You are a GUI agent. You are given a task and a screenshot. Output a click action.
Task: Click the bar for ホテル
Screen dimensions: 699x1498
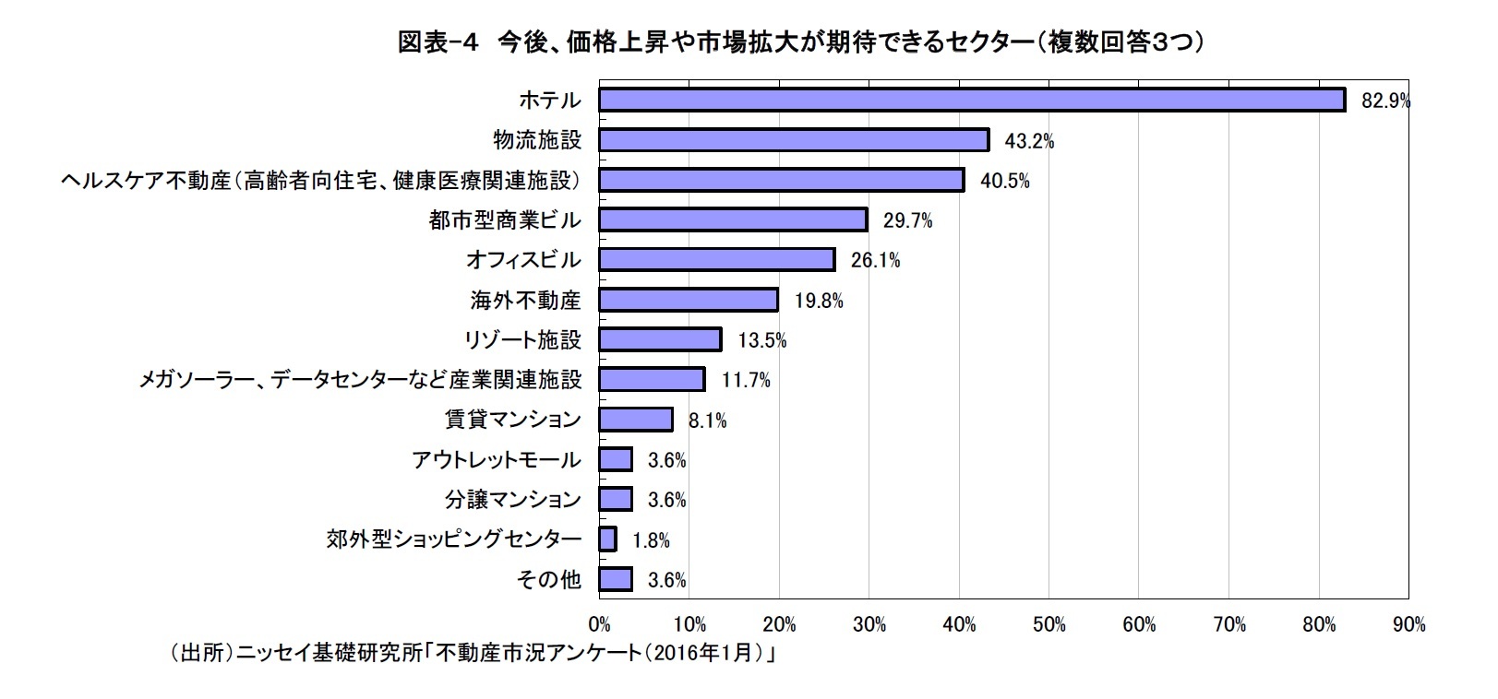971,100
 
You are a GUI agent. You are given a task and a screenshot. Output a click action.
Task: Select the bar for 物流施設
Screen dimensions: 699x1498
794,140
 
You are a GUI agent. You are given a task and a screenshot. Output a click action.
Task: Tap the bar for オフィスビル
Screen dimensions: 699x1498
716,260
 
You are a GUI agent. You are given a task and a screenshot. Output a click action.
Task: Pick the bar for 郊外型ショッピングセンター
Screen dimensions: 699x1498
607,539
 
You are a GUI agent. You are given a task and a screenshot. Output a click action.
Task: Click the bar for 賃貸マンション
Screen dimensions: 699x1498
636,420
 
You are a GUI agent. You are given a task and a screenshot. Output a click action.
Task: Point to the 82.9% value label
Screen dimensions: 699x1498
1385,101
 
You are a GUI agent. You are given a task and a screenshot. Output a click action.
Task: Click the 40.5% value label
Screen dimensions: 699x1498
1004,181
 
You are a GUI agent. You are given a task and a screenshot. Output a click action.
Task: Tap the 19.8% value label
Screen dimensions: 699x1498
818,301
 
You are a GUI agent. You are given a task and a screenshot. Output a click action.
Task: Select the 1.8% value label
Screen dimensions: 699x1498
651,540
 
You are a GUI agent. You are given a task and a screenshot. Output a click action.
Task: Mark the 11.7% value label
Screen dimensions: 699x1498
745,380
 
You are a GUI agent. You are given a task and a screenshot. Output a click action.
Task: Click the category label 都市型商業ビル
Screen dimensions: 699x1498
505,220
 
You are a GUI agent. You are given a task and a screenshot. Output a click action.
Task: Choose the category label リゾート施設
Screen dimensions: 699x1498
522,340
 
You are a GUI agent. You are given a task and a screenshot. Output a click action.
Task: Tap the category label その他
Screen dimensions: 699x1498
549,580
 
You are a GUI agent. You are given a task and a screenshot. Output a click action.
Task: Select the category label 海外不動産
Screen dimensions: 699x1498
525,301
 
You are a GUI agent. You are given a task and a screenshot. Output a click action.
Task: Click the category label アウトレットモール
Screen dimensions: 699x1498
497,460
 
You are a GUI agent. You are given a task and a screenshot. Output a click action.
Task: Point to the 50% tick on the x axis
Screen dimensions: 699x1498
1049,625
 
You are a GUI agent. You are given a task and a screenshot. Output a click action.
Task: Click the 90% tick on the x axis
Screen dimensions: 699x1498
1408,625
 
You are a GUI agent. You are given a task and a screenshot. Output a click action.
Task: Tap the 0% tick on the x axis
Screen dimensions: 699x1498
599,625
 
